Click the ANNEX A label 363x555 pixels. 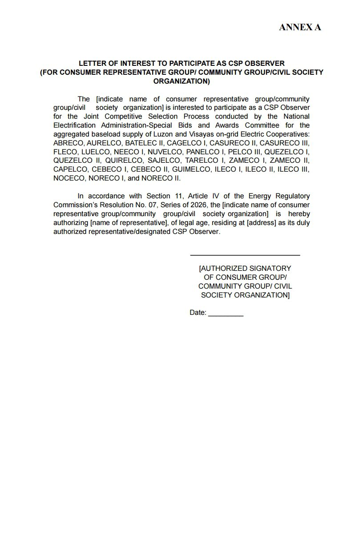[x=300, y=28]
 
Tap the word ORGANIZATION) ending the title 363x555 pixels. [x=181, y=81]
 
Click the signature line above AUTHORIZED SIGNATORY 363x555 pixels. [x=245, y=255]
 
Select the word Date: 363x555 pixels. [x=198, y=313]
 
